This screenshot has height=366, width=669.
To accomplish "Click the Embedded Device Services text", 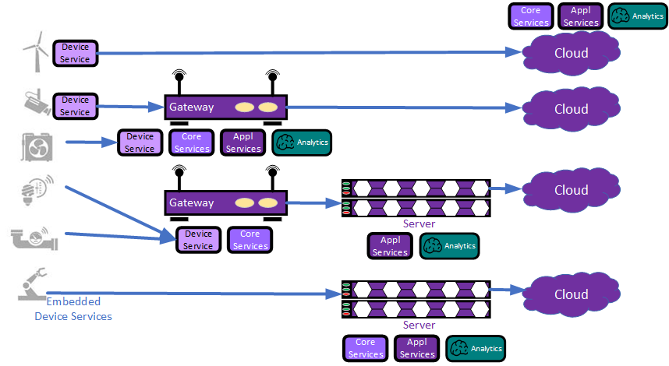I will pyautogui.click(x=73, y=309).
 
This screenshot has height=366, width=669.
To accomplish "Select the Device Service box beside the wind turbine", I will pyautogui.click(x=76, y=53).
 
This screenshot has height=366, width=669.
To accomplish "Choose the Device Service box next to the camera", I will pyautogui.click(x=76, y=106).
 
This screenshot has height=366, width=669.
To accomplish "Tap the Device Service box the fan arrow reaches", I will pyautogui.click(x=140, y=143).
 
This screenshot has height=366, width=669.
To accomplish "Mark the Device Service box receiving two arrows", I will pyautogui.click(x=198, y=240).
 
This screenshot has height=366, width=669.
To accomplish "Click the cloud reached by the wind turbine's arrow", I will pyautogui.click(x=571, y=53).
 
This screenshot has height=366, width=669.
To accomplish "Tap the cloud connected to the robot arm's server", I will pyautogui.click(x=571, y=294).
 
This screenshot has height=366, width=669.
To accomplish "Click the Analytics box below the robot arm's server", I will pyautogui.click(x=476, y=348).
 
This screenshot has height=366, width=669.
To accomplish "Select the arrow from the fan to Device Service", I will pyautogui.click(x=90, y=143).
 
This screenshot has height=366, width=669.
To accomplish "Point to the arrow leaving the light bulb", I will pyautogui.click(x=117, y=209).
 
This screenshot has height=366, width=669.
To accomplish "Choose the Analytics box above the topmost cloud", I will pyautogui.click(x=637, y=16).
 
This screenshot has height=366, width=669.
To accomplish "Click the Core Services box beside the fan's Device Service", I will pyautogui.click(x=192, y=143).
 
